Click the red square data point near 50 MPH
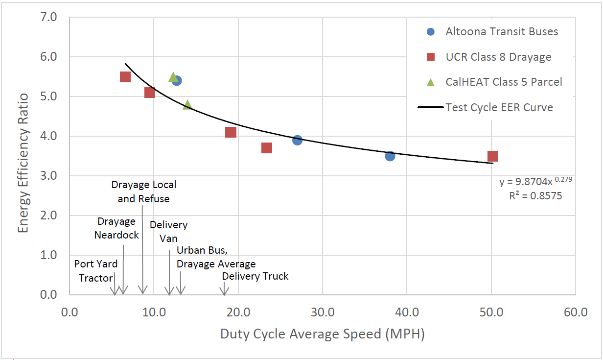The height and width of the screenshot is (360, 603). pos(492,156)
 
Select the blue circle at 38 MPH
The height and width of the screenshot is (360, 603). pos(390,156)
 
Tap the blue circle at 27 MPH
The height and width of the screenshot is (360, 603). pos(297,140)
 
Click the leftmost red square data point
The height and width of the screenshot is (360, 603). pos(125,77)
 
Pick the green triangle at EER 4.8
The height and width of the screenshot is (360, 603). pos(187,104)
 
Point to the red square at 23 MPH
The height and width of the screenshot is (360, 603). pos(266,148)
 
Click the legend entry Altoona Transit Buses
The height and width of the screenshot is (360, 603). pos(501,31)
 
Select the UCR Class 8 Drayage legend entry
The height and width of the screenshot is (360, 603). pos(498,57)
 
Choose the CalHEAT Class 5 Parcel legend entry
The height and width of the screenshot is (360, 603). pos(503,82)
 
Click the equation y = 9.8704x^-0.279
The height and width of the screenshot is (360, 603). pos(535,182)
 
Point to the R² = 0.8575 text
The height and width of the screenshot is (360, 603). pos(535,196)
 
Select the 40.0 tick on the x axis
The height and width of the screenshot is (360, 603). pos(407,312)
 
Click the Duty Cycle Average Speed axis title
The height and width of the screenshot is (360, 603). pos(322,334)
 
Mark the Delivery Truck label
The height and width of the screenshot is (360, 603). pos(255,276)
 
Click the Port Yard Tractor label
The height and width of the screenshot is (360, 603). pos(96,271)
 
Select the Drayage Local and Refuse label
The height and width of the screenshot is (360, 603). pos(143,192)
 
